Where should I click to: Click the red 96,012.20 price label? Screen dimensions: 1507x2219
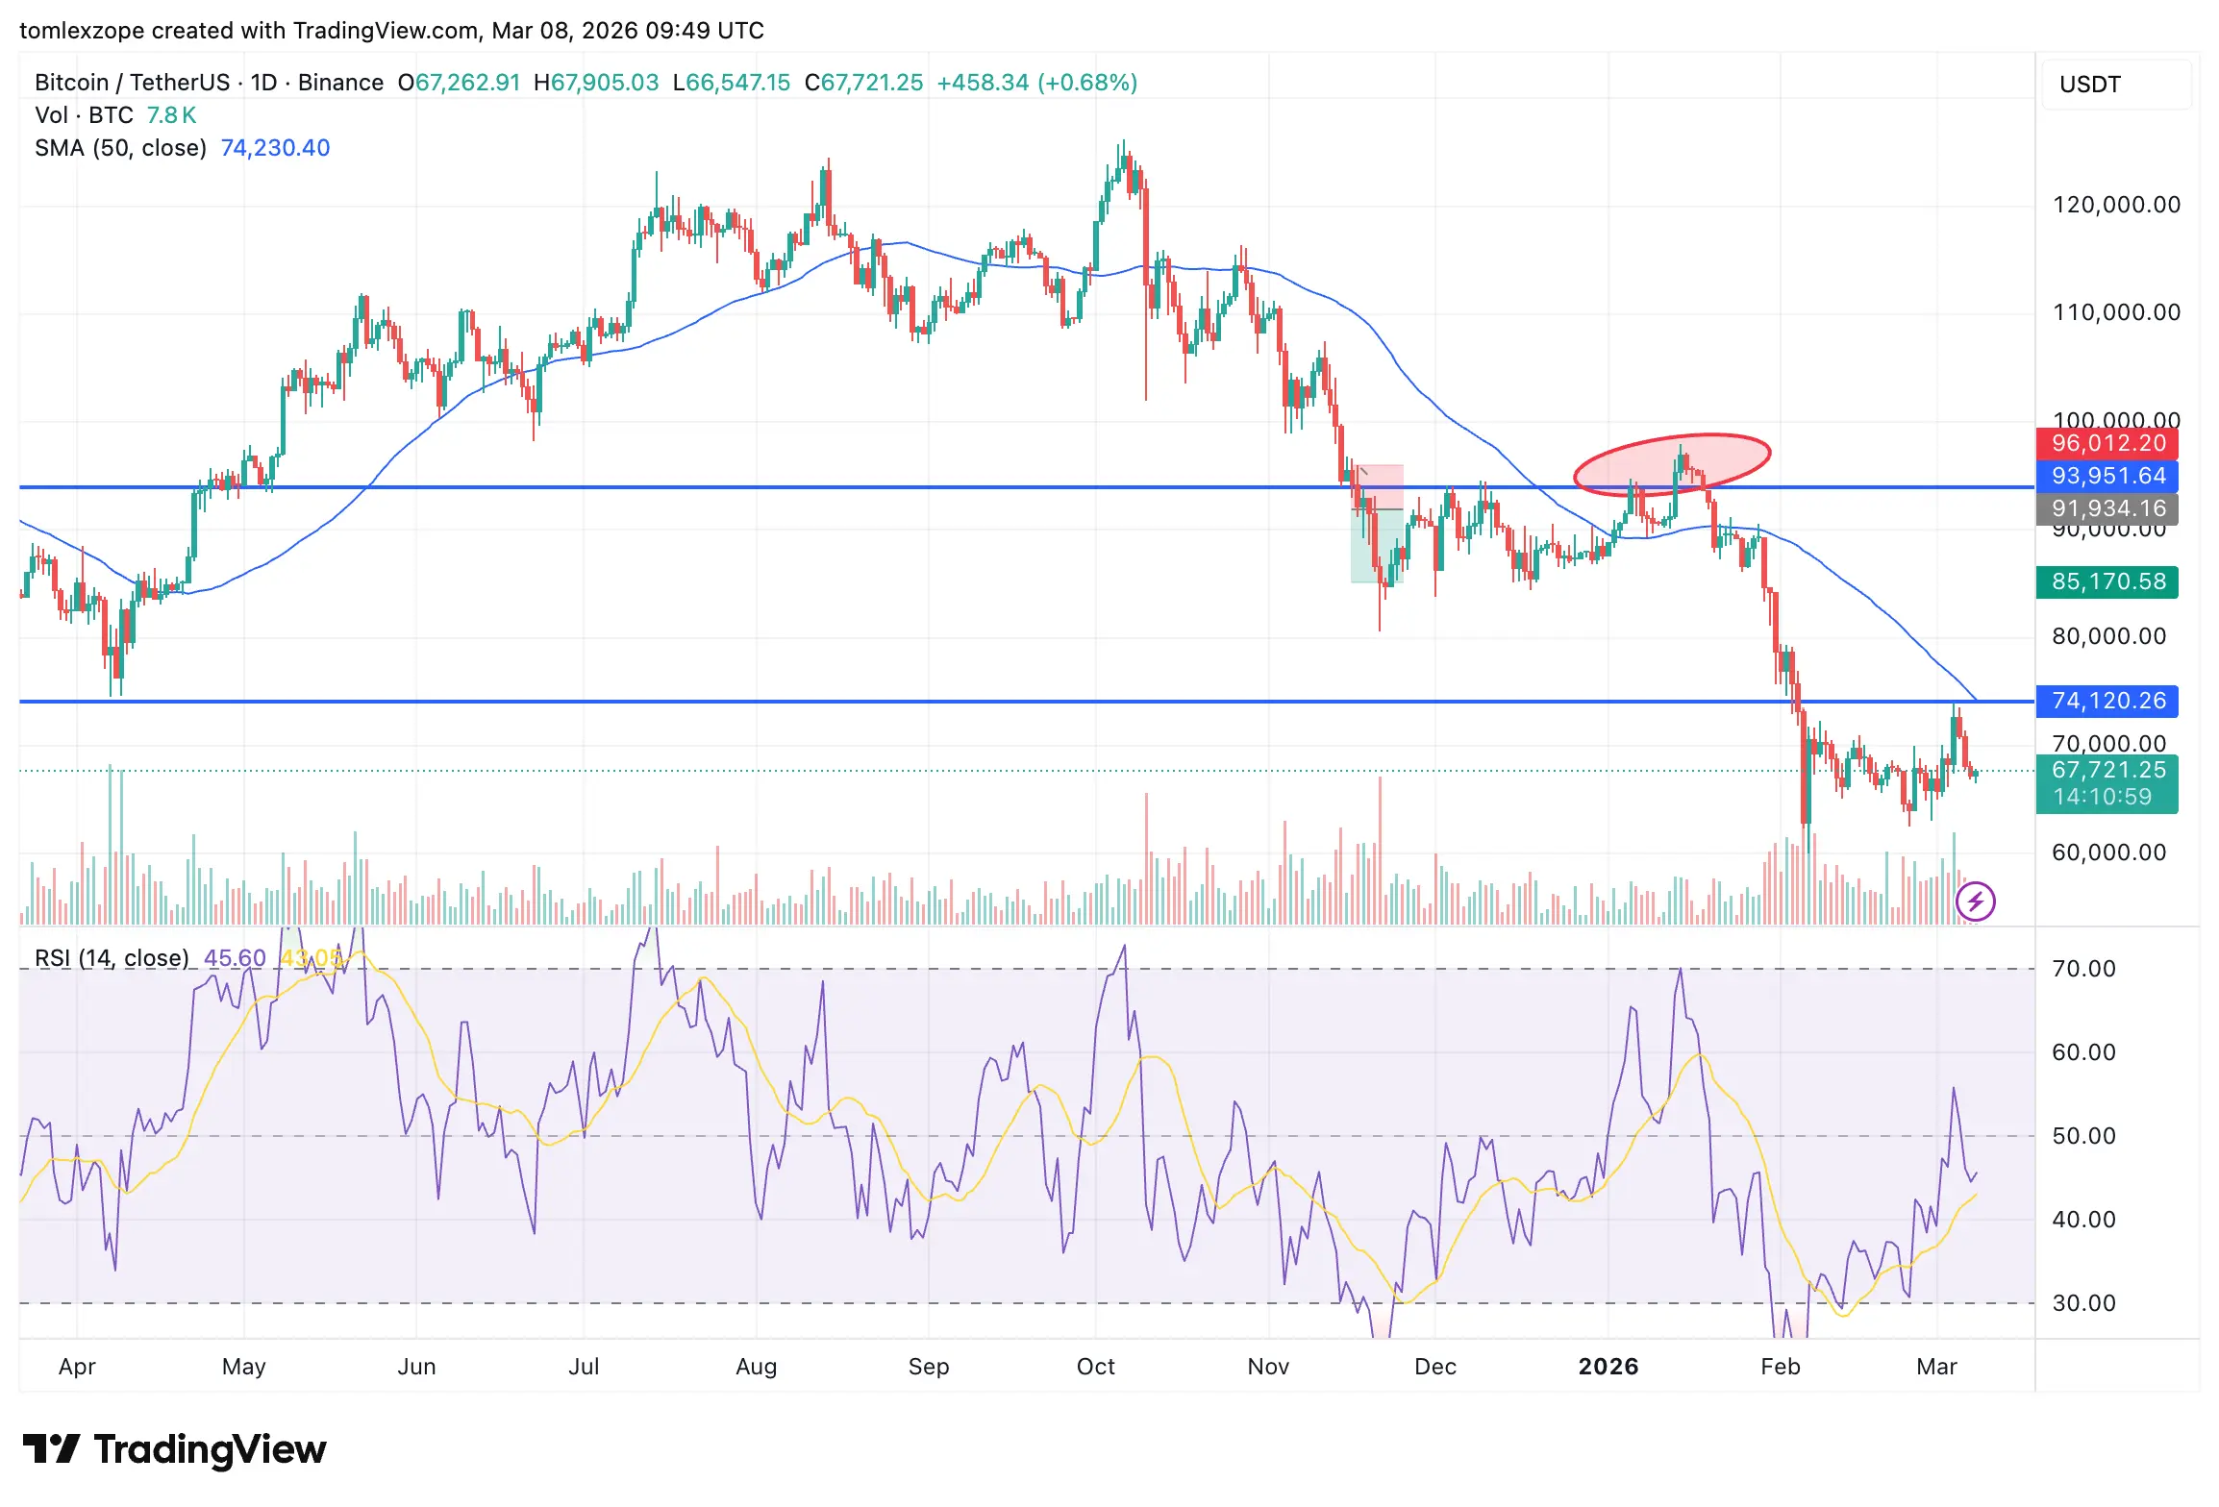point(2107,444)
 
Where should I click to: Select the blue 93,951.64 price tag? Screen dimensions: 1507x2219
point(2107,477)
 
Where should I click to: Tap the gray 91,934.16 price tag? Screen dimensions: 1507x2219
point(2107,508)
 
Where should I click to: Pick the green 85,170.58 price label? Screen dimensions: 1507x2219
point(2107,581)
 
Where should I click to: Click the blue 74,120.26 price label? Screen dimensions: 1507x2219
point(2107,702)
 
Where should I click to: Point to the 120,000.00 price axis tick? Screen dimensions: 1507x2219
point(2116,205)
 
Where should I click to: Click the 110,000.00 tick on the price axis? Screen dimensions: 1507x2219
point(2116,312)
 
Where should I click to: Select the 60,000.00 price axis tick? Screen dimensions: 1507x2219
point(2108,852)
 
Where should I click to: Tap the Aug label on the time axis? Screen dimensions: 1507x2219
point(756,1367)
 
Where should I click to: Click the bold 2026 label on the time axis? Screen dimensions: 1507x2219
point(1608,1367)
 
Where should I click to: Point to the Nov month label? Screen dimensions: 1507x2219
point(1267,1367)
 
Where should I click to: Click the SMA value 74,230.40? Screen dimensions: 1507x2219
point(275,148)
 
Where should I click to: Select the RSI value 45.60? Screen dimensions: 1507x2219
point(235,958)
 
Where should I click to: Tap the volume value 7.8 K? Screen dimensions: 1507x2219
point(171,115)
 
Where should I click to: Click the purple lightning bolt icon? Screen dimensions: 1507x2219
point(1976,902)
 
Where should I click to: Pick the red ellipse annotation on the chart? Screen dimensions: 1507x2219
point(1672,464)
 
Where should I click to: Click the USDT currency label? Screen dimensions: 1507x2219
point(2089,85)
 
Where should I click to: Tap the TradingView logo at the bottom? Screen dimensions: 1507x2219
point(175,1449)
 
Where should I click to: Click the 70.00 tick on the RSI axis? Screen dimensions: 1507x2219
point(2083,969)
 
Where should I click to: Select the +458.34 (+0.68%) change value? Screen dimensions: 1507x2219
point(1036,83)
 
